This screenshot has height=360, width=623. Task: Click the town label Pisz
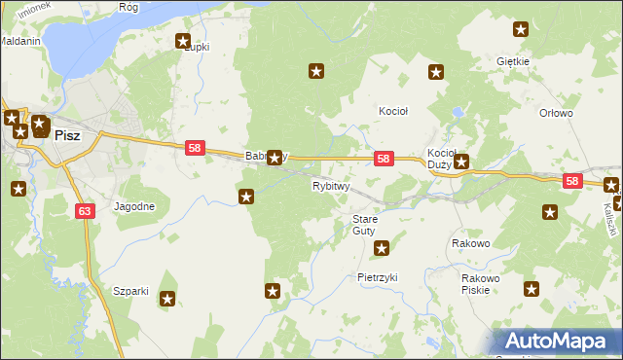tap(67, 136)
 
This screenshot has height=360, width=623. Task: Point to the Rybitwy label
tap(330, 186)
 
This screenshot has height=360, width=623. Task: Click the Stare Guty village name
tap(364, 225)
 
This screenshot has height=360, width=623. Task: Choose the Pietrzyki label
tap(378, 277)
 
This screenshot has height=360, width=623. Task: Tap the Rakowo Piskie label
tap(481, 283)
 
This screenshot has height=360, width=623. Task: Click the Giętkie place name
tap(512, 61)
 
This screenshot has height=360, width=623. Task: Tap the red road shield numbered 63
tap(85, 209)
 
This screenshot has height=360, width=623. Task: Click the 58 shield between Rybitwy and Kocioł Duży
tap(384, 159)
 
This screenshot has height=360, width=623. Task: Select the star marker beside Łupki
tap(182, 41)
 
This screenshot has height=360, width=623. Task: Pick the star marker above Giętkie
tap(521, 30)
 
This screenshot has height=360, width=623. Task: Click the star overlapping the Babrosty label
tap(275, 157)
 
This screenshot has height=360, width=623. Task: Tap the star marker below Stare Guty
tap(383, 248)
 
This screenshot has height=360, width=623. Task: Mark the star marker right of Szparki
tap(167, 300)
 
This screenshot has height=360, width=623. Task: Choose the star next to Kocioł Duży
tap(462, 163)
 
